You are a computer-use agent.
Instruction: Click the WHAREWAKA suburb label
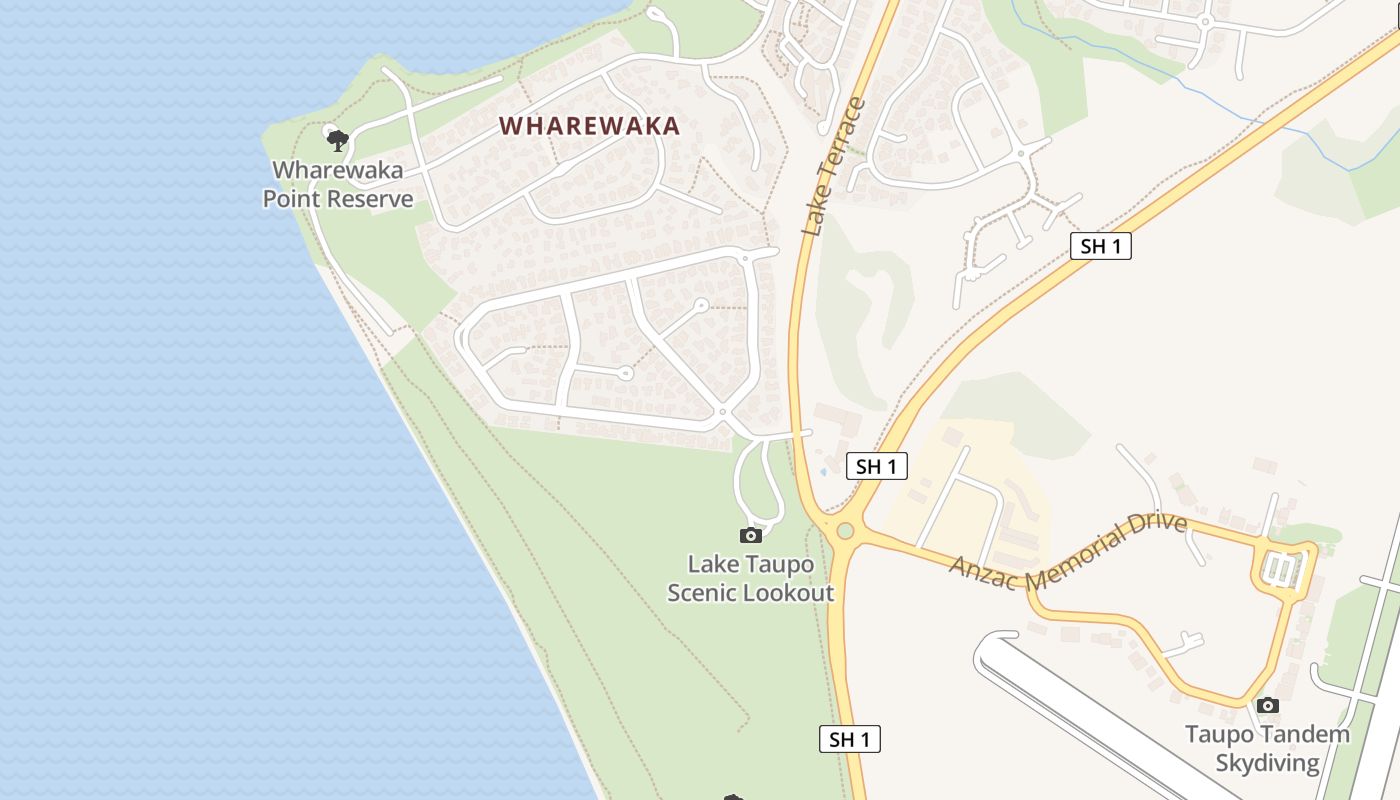pyautogui.click(x=590, y=126)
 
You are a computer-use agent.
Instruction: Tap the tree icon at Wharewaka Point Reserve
pyautogui.click(x=337, y=139)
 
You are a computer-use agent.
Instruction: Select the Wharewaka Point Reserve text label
pyautogui.click(x=338, y=184)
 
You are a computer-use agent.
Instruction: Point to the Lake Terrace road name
pyautogui.click(x=832, y=167)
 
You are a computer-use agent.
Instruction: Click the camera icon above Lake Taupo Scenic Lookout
pyautogui.click(x=750, y=535)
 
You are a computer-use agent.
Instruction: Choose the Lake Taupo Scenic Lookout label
pyautogui.click(x=750, y=578)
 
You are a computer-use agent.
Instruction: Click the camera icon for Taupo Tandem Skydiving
pyautogui.click(x=1268, y=705)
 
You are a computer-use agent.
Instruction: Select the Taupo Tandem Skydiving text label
pyautogui.click(x=1267, y=748)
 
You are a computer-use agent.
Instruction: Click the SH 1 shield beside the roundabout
pyautogui.click(x=877, y=465)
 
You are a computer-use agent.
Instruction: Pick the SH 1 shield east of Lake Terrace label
pyautogui.click(x=1100, y=246)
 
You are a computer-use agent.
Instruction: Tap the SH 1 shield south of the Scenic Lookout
pyautogui.click(x=850, y=739)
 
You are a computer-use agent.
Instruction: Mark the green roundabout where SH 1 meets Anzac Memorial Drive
pyautogui.click(x=844, y=530)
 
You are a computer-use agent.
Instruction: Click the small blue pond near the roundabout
pyautogui.click(x=823, y=471)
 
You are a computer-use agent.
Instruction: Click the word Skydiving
pyautogui.click(x=1267, y=763)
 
